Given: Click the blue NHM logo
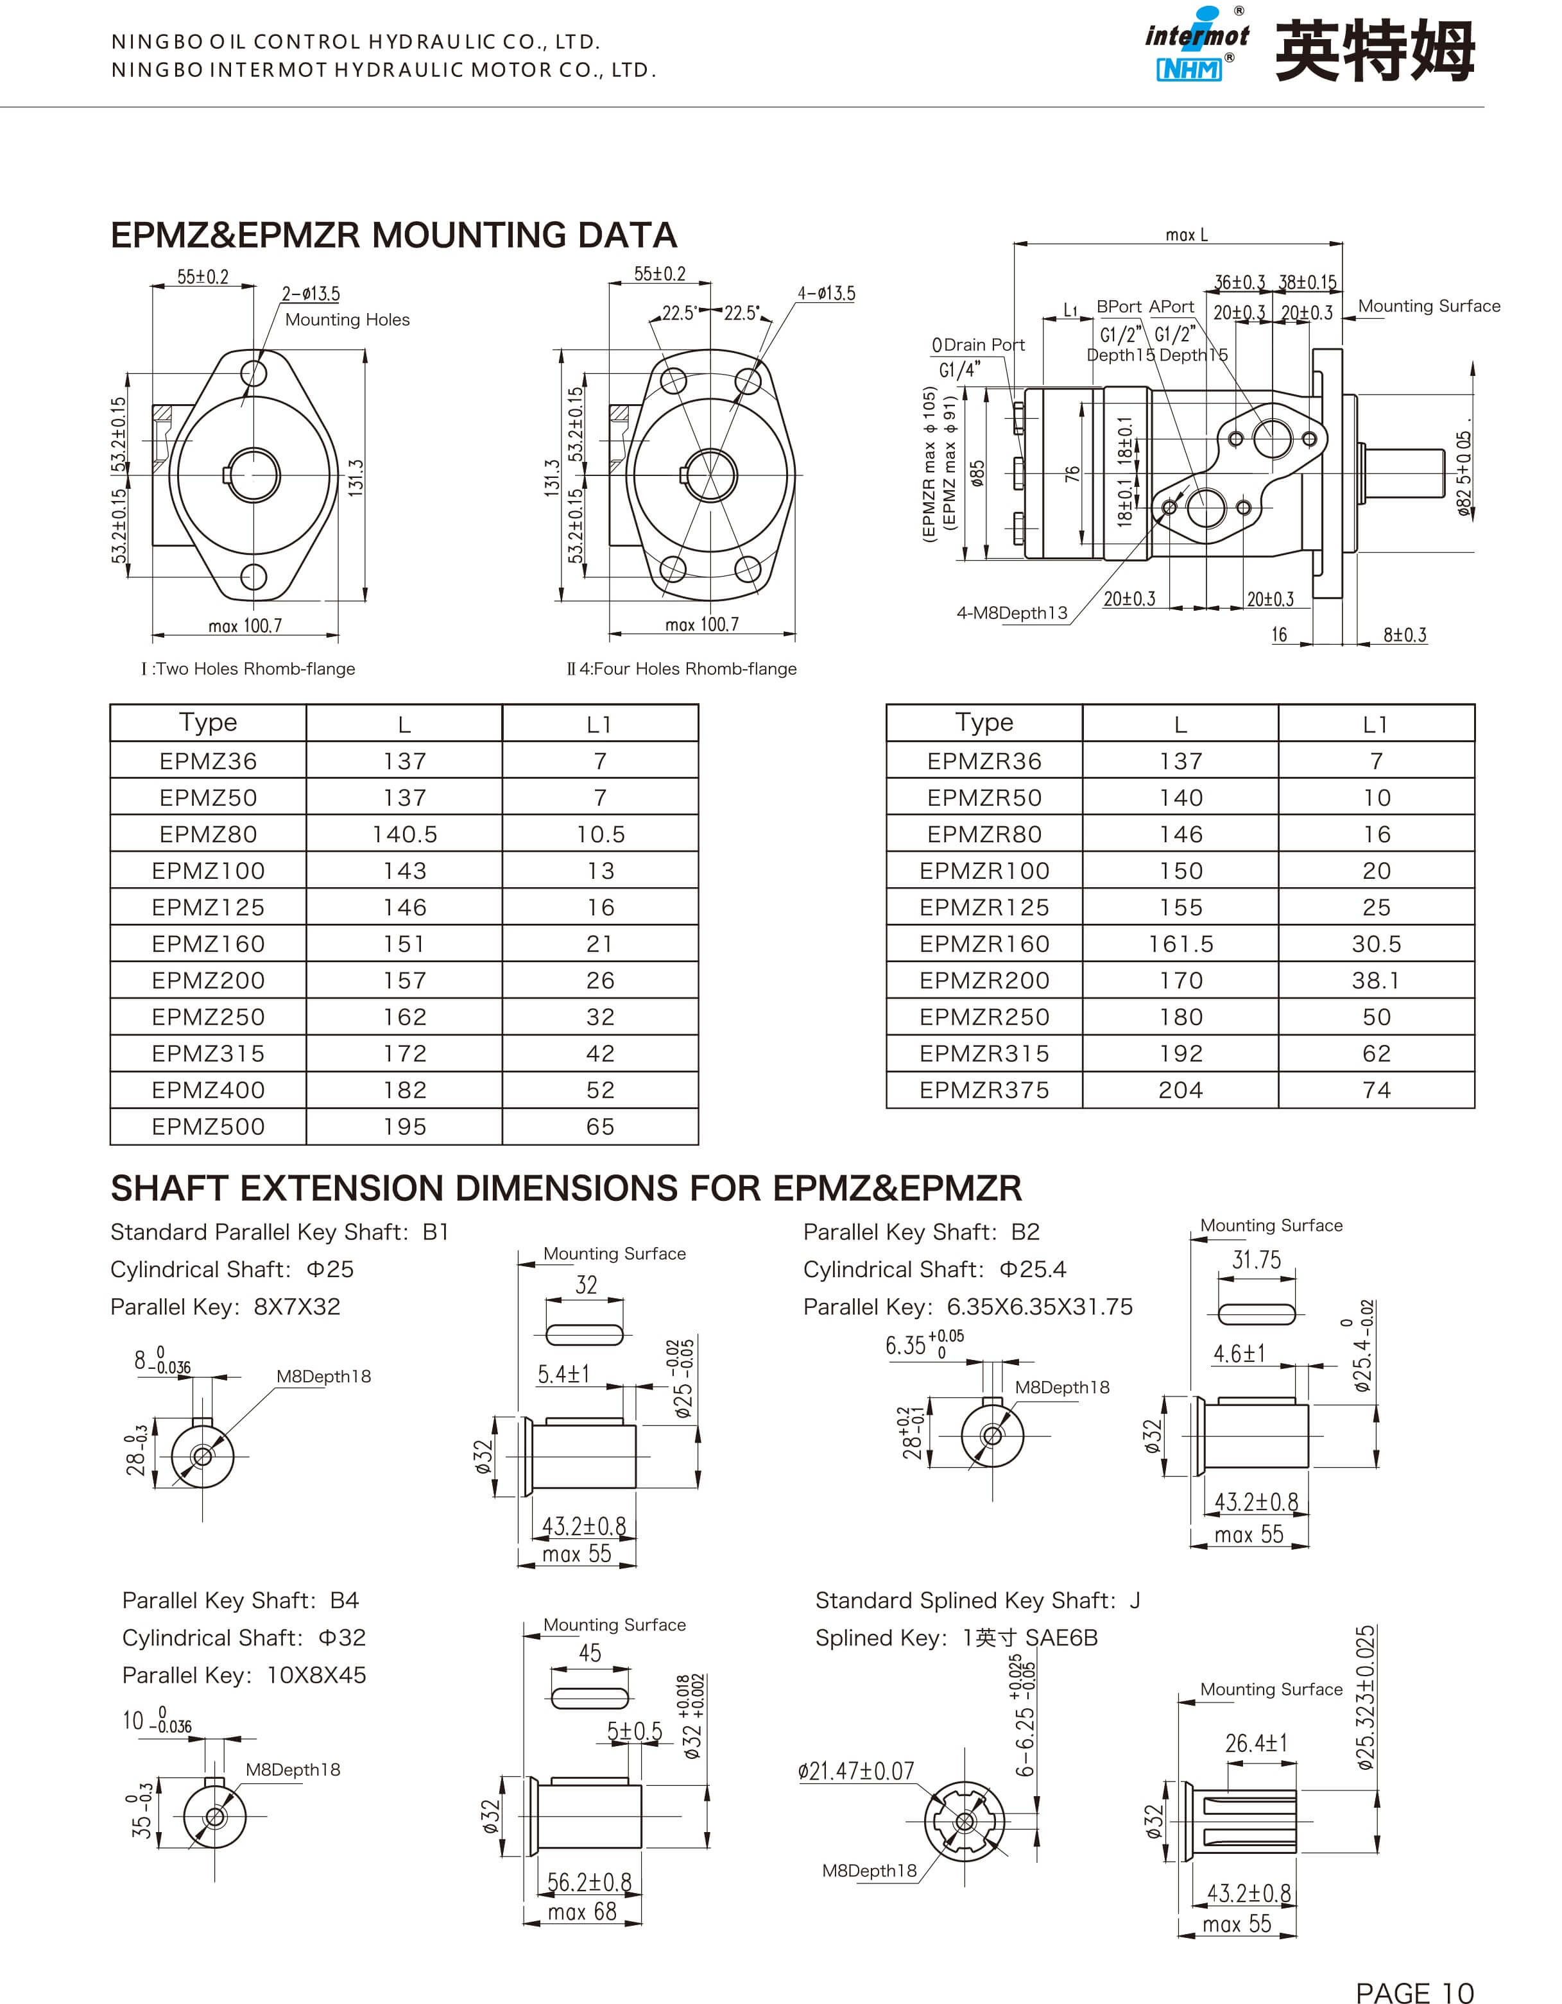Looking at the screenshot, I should coord(1189,69).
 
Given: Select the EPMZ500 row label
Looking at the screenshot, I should coord(209,1127).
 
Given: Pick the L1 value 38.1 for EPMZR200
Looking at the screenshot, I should coord(1376,980).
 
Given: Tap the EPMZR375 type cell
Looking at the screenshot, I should coord(984,1090).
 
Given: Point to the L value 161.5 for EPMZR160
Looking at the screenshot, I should coord(1180,943).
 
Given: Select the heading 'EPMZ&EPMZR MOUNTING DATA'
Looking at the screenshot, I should coord(394,236).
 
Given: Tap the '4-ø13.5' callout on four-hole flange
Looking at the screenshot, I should coord(826,293).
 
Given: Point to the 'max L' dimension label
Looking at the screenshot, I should coord(1186,235).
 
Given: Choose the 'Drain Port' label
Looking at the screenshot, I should coord(978,345).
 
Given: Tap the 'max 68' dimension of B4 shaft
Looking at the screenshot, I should coord(582,1912).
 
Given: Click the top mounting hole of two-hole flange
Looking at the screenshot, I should coord(253,373).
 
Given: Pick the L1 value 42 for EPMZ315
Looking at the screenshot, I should coord(600,1053).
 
